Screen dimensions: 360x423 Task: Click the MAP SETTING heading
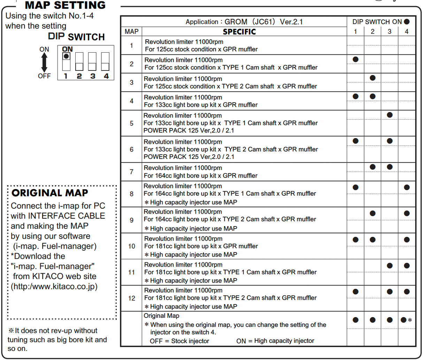(x=65, y=5)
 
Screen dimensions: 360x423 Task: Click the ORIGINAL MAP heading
(x=50, y=193)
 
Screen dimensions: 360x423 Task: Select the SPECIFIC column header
(x=239, y=32)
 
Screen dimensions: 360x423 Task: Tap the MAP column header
(x=131, y=32)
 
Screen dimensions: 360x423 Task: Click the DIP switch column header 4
(x=407, y=32)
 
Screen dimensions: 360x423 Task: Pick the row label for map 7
(x=131, y=172)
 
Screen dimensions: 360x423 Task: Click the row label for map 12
(x=131, y=298)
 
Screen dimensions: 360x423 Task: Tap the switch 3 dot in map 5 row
(x=390, y=115)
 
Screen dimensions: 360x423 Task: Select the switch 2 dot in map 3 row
(x=372, y=78)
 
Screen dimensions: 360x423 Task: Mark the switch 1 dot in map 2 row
(x=355, y=59)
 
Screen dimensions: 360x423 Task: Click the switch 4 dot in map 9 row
(x=407, y=213)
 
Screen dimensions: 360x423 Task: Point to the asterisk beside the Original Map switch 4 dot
(x=410, y=320)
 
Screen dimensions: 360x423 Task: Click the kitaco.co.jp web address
(x=54, y=287)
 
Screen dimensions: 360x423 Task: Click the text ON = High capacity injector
(x=275, y=341)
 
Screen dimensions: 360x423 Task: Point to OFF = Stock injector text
(x=179, y=341)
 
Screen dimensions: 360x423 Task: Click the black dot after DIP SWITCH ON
(x=407, y=22)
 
